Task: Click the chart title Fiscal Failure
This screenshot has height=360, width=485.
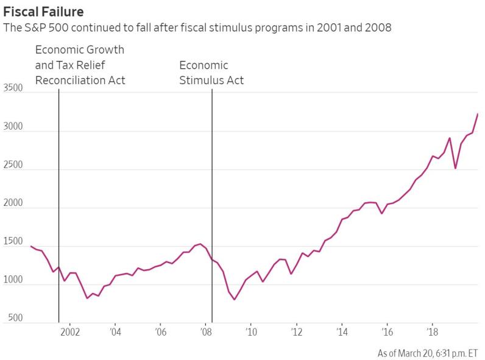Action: [43, 12]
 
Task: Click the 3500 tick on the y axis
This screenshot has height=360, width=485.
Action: [13, 88]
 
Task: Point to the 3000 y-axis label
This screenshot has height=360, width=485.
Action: [13, 127]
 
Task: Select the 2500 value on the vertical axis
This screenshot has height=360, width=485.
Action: [13, 165]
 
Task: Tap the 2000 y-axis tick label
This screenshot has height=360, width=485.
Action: [13, 203]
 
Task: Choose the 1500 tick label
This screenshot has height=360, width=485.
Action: [13, 242]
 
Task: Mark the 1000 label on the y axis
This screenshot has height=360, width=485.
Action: [13, 280]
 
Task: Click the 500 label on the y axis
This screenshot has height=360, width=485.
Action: [15, 318]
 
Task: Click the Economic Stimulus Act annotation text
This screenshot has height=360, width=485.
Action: [211, 72]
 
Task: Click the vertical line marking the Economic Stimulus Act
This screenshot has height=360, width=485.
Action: [212, 183]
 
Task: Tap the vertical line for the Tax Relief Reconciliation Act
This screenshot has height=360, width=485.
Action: [58, 183]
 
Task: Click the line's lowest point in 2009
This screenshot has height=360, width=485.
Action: [234, 300]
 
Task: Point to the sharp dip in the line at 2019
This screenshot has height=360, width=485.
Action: [455, 168]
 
